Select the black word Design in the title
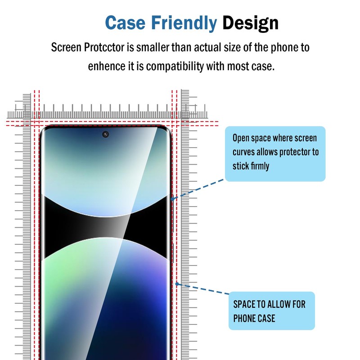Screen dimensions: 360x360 [x=250, y=22]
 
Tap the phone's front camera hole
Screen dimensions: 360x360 [x=106, y=134]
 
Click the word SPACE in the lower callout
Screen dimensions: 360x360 [x=244, y=305]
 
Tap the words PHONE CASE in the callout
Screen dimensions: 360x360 [x=254, y=318]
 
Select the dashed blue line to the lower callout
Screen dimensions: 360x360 [x=205, y=289]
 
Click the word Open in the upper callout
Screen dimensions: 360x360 [x=241, y=138]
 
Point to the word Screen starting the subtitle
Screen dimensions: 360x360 [x=66, y=47]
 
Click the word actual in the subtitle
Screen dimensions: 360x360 [x=215, y=47]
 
